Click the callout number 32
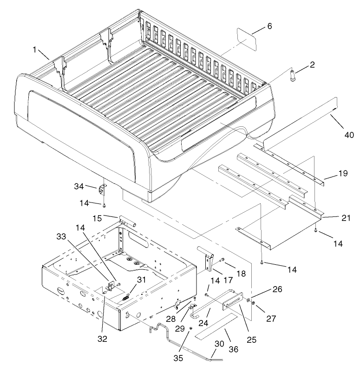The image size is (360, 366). point(102,339)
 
